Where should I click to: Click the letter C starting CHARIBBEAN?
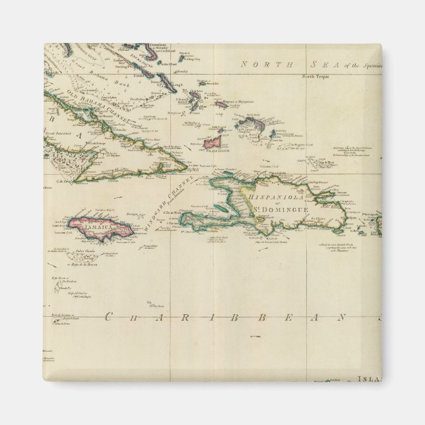pos(106,318)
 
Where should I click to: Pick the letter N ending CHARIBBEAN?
pos(344,318)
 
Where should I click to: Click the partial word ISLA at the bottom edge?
pos(367,379)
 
